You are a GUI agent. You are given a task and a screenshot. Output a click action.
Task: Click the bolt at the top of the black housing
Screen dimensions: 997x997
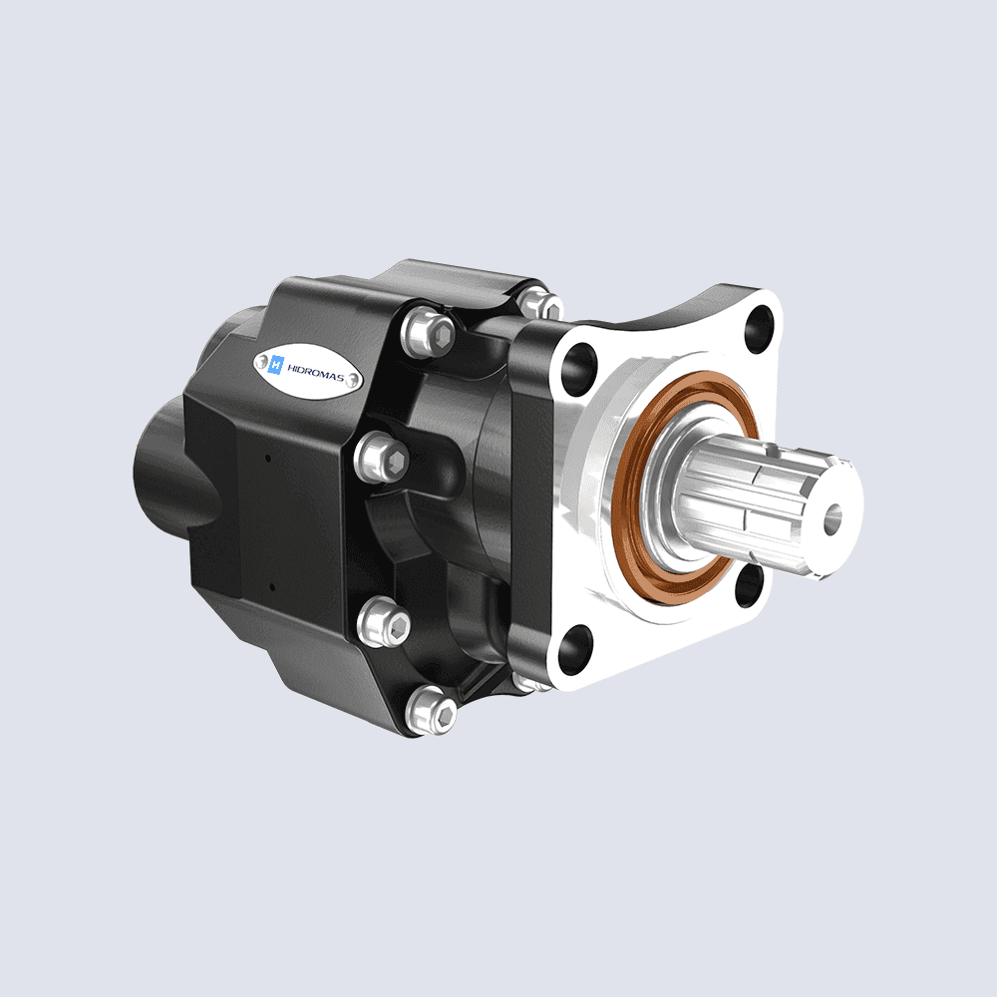coord(538,302)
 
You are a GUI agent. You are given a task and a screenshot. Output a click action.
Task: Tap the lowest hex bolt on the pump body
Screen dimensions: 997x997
coord(434,711)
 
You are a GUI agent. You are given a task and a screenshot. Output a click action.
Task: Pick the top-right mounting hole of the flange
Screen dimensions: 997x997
coord(760,322)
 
